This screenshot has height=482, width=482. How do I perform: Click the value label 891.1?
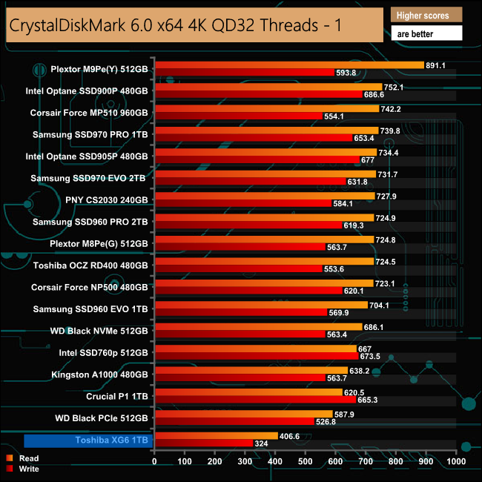(435, 65)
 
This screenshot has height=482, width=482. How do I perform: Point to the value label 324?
(261, 443)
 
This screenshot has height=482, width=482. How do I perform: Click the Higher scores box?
(426, 15)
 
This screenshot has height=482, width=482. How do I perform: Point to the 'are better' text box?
(426, 33)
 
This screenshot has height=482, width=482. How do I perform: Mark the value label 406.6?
(290, 436)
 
